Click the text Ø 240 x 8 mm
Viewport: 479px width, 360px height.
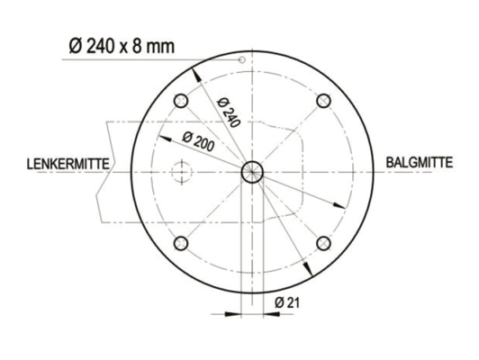click(x=121, y=46)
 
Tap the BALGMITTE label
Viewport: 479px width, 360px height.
click(x=419, y=163)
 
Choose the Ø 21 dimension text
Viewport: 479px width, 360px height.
click(x=286, y=303)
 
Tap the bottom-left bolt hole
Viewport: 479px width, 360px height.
click(x=181, y=242)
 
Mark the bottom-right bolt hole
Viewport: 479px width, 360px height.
click(x=323, y=242)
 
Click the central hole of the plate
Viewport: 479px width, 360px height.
click(x=252, y=170)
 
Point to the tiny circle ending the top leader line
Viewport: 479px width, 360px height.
click(x=242, y=60)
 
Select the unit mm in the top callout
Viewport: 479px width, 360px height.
click(x=163, y=46)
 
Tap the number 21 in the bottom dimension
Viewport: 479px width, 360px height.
click(x=292, y=303)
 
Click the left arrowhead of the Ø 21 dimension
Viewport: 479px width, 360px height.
click(x=237, y=314)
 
